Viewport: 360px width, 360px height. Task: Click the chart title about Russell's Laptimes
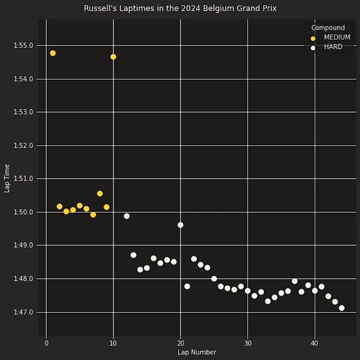tap(180, 8)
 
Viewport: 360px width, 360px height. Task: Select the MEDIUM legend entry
tap(337, 37)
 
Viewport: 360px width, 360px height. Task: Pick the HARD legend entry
tap(333, 47)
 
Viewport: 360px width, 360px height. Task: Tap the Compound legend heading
tap(328, 28)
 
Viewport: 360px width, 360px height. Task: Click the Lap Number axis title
tap(197, 352)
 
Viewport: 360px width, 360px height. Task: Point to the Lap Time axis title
tap(7, 179)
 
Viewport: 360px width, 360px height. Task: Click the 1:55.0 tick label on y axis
tap(24, 45)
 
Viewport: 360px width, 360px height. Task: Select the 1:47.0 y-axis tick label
tap(24, 312)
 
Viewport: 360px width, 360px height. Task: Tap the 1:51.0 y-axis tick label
tap(24, 179)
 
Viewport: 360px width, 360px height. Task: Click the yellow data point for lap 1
tap(53, 53)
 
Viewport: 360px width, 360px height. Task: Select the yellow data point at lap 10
tap(113, 57)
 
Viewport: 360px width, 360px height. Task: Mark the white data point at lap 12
tap(127, 216)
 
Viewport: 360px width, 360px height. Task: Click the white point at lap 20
tap(180, 225)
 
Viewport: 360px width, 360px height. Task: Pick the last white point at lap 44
tap(342, 308)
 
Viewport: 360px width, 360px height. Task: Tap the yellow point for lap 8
tap(100, 194)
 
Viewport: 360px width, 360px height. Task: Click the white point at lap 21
tap(187, 287)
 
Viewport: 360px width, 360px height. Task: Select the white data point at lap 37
tap(295, 281)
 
